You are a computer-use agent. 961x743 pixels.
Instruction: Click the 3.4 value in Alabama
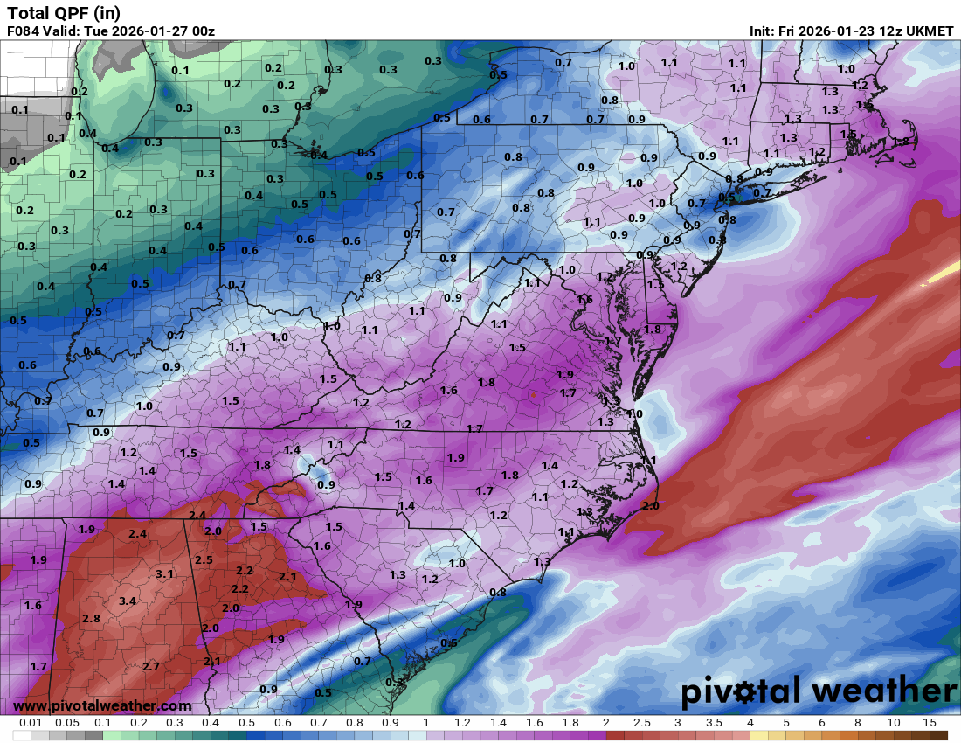point(128,601)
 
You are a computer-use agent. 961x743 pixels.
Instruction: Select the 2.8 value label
point(91,619)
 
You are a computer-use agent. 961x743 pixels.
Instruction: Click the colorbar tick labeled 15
point(930,723)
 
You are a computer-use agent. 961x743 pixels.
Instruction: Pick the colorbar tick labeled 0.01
point(31,723)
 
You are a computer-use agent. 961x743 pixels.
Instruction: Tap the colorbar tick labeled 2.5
point(642,723)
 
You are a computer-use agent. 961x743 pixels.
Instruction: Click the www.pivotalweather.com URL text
point(102,705)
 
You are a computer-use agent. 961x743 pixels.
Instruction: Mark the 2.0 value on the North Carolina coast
point(650,505)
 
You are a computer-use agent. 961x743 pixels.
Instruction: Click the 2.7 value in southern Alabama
point(150,666)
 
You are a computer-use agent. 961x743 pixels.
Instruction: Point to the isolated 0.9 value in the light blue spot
point(326,484)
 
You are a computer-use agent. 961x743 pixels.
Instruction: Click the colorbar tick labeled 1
point(425,723)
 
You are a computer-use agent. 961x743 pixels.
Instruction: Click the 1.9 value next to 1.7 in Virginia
point(565,375)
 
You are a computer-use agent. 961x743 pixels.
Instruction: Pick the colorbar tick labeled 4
point(750,723)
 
